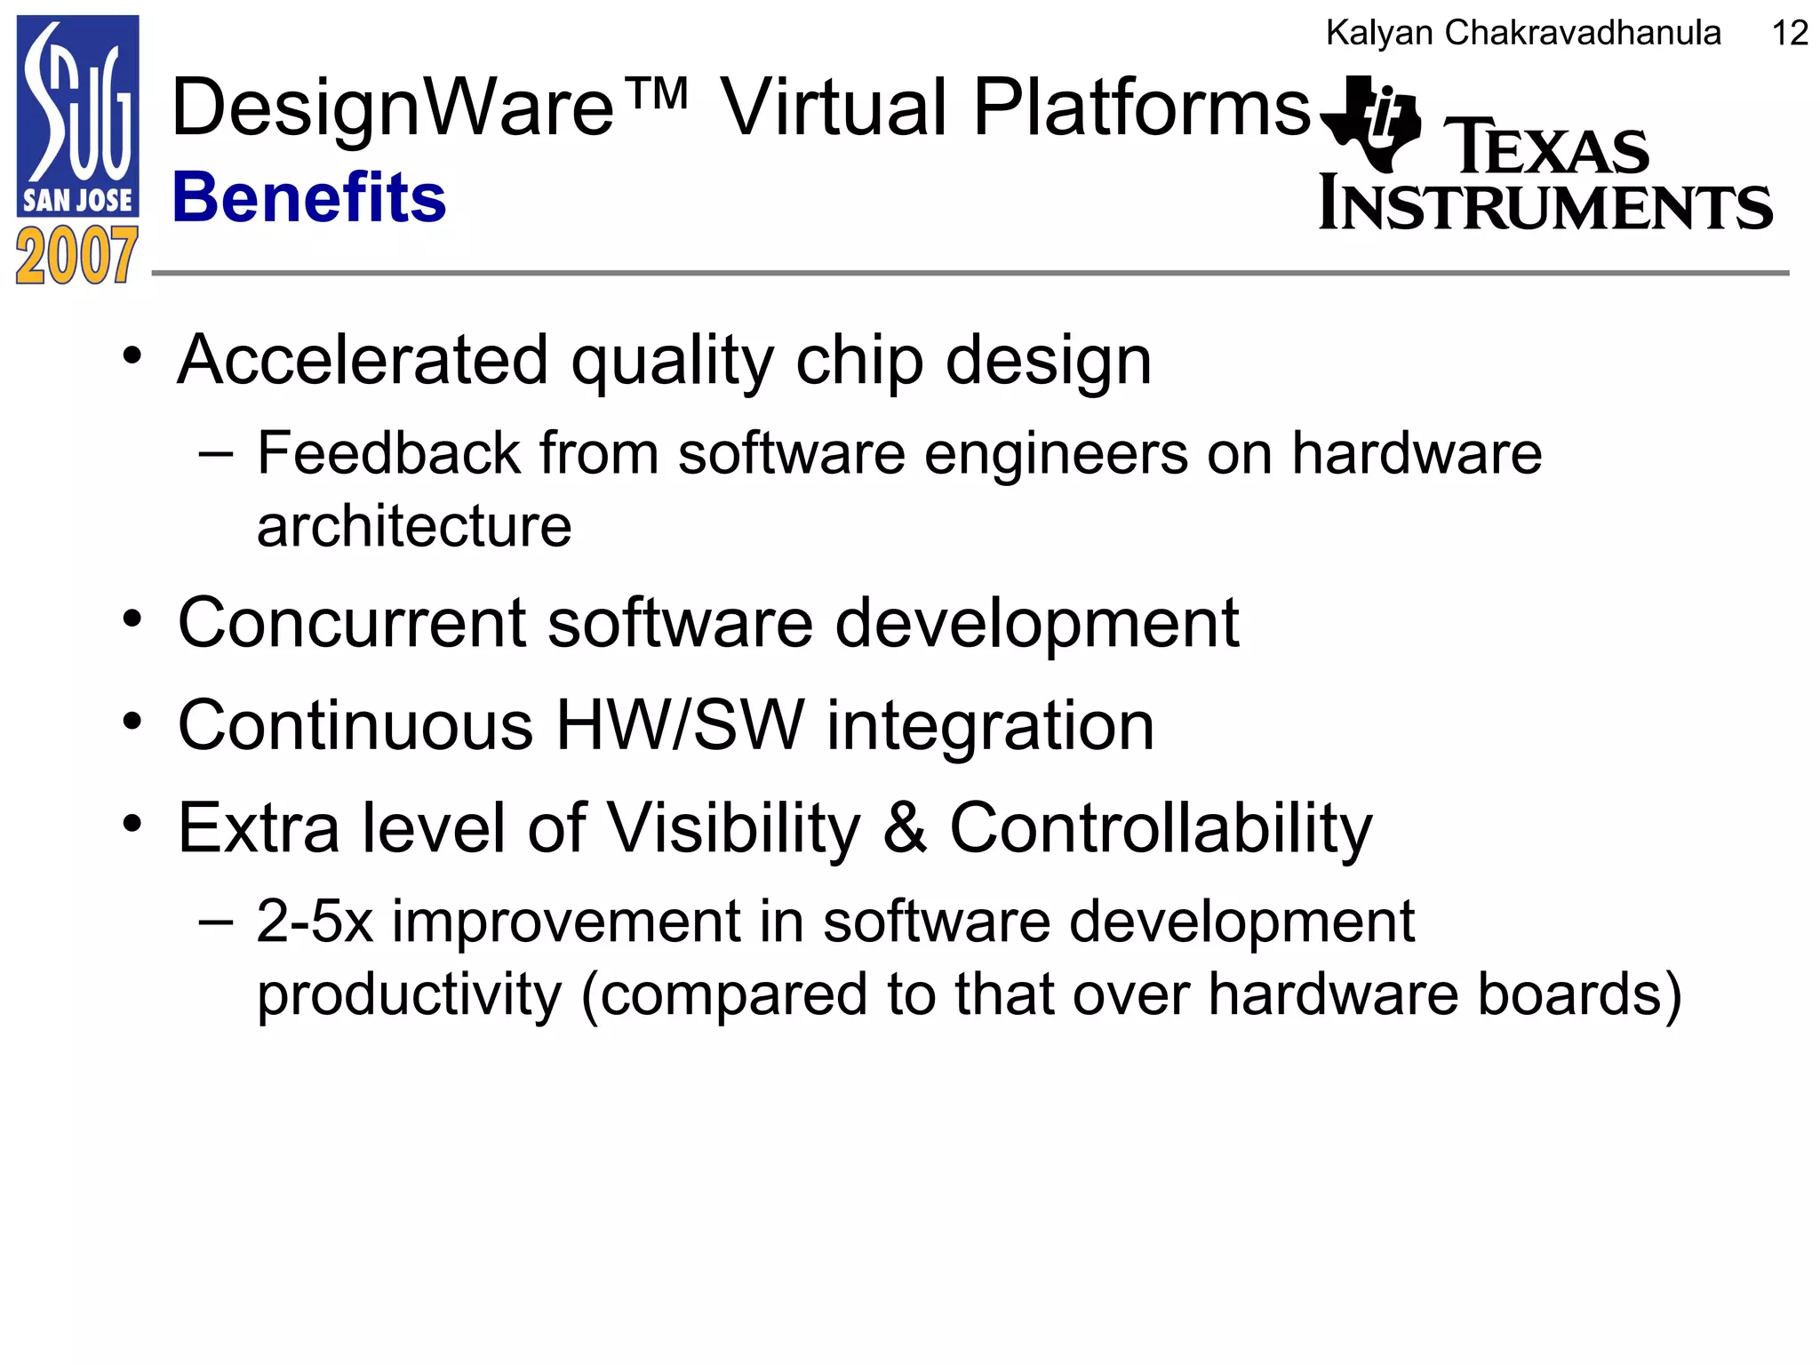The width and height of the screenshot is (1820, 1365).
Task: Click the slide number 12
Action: point(1789,34)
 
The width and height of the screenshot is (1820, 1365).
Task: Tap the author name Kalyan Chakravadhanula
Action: point(1523,34)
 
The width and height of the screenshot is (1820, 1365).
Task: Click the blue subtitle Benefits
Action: point(309,197)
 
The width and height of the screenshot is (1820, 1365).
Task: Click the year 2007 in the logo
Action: point(77,256)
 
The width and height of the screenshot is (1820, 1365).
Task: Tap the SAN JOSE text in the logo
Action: point(77,201)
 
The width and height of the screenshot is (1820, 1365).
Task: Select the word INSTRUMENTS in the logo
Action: point(1545,204)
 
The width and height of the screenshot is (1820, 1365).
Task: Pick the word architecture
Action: point(414,526)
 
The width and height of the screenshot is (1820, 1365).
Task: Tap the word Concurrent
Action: point(352,623)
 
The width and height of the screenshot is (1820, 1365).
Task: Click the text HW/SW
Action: point(680,726)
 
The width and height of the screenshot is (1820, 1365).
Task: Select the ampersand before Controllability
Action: point(905,828)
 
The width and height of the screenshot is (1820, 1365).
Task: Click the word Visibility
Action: point(735,828)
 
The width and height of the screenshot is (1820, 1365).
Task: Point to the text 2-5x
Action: point(315,922)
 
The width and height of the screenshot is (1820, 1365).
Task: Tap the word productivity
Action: point(409,994)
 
